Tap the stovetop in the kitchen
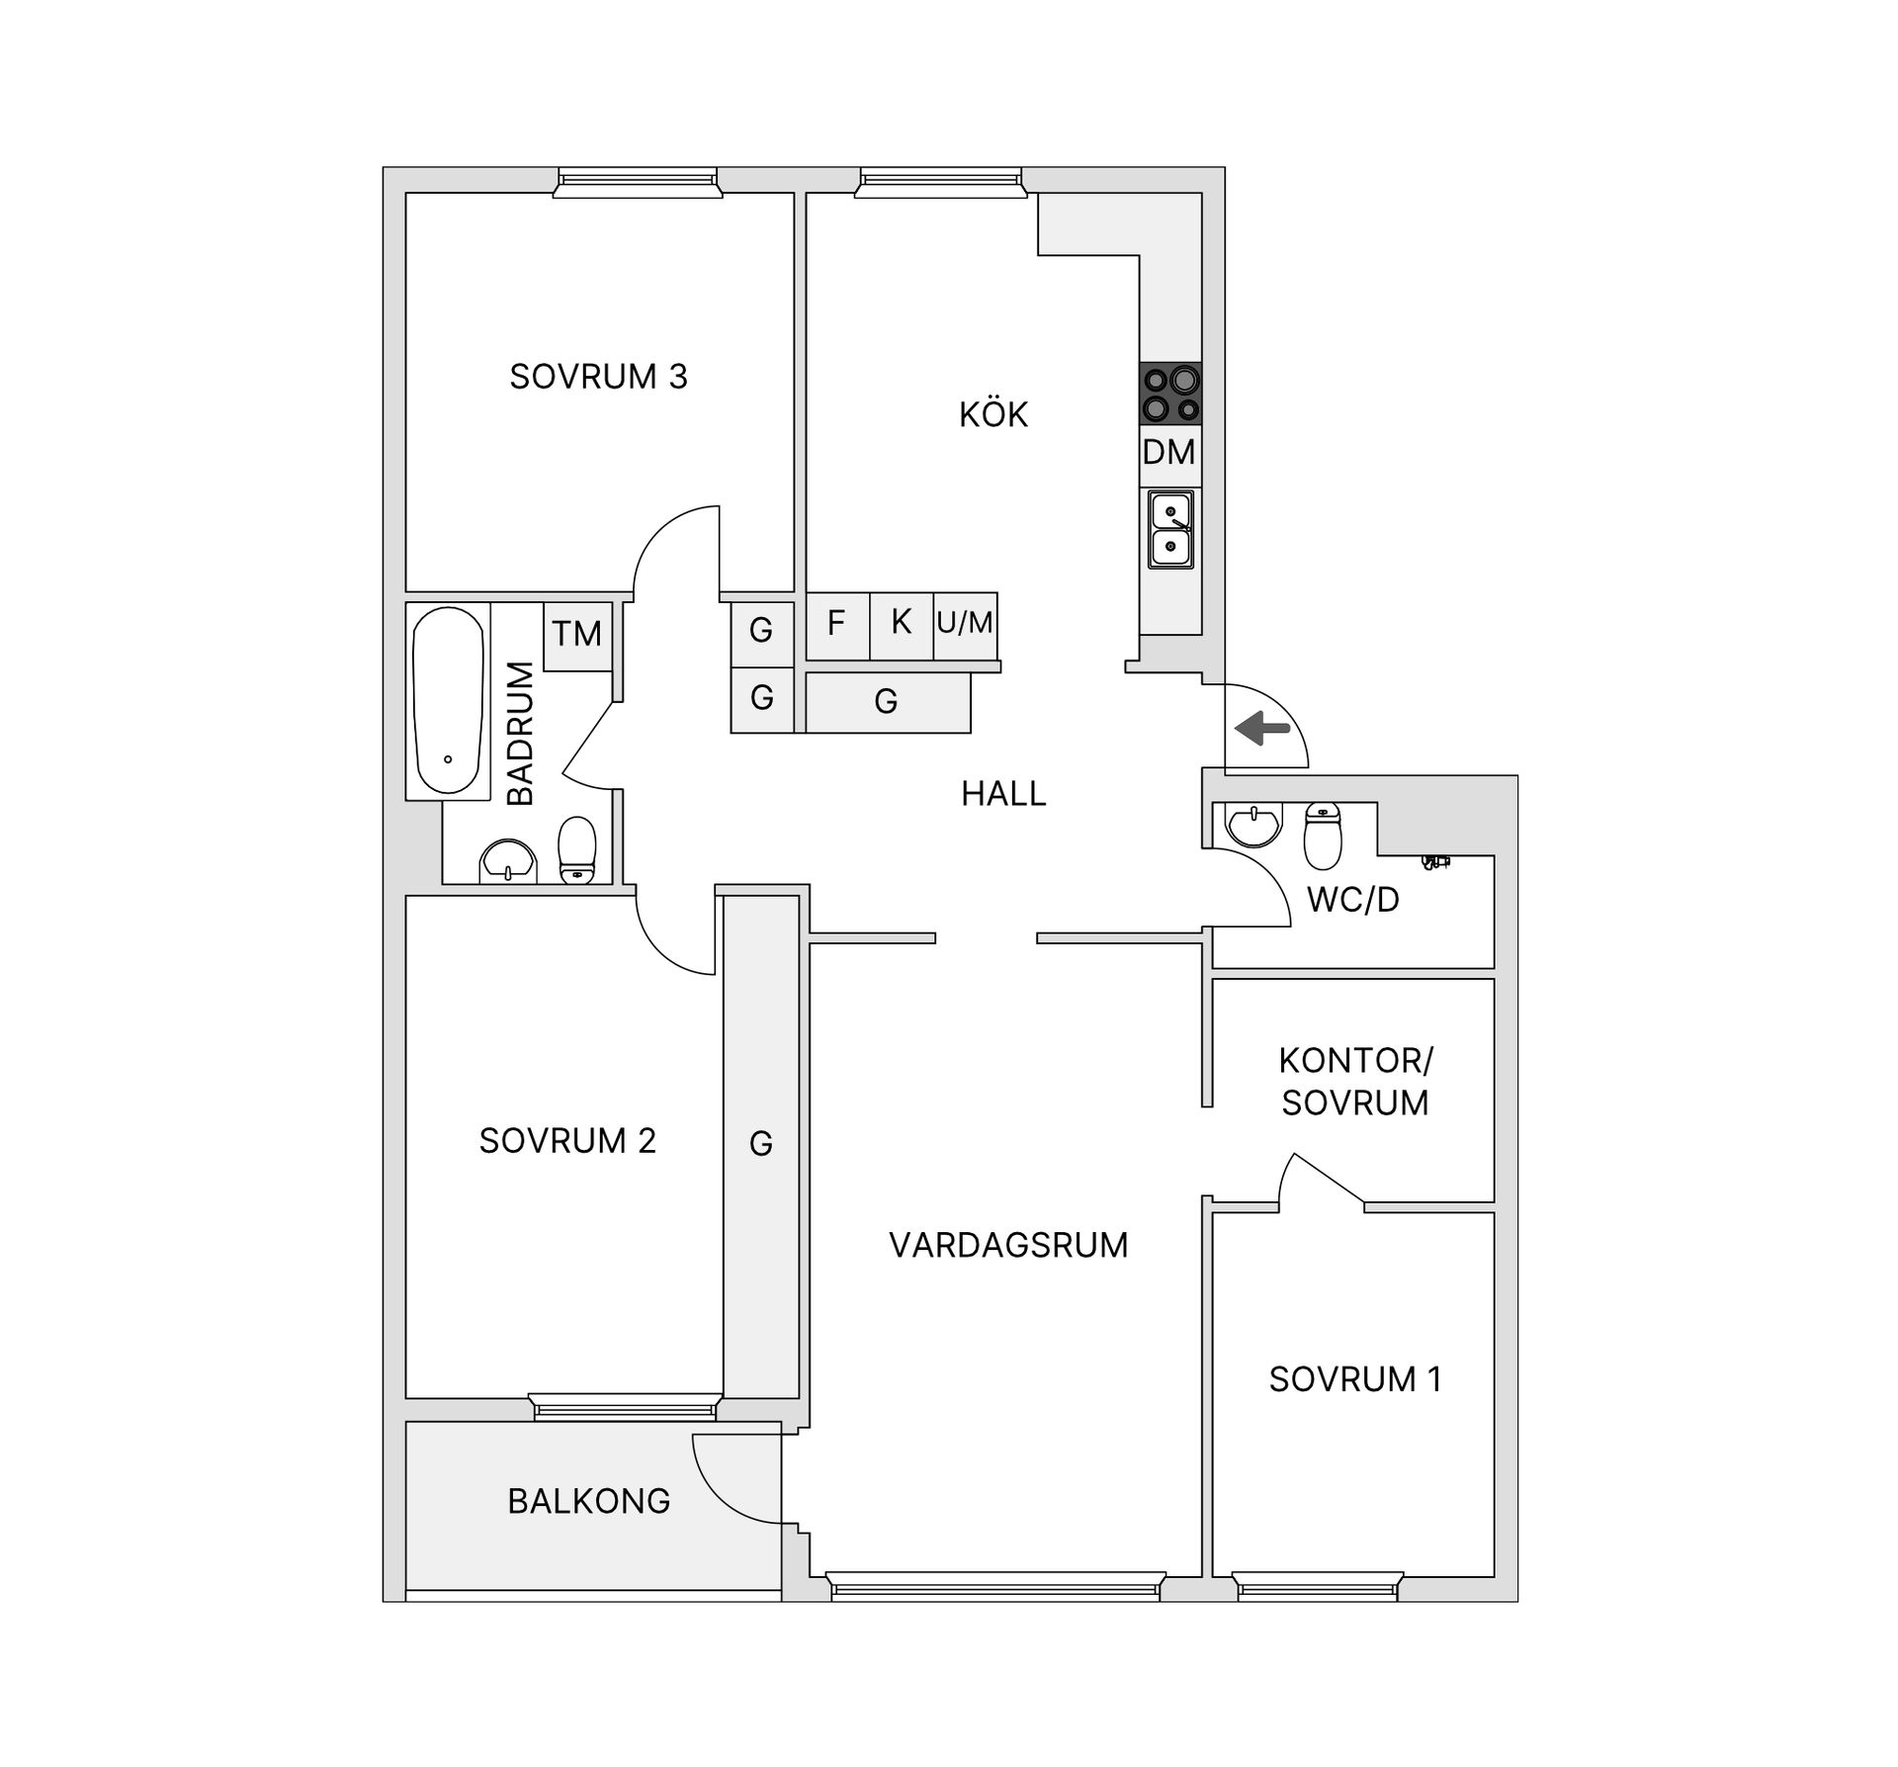pyautogui.click(x=1170, y=394)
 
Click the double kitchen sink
pyautogui.click(x=1170, y=529)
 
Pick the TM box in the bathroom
pyautogui.click(x=577, y=634)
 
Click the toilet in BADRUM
pyautogui.click(x=577, y=849)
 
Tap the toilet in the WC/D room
pyautogui.click(x=1323, y=837)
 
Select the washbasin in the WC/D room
pyautogui.click(x=1253, y=825)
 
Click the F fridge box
pyautogui.click(x=837, y=625)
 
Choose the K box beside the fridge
pyautogui.click(x=902, y=625)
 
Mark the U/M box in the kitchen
pyautogui.click(x=965, y=625)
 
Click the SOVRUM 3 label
pyautogui.click(x=598, y=377)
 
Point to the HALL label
pyautogui.click(x=1003, y=794)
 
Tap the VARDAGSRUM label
pyautogui.click(x=1008, y=1245)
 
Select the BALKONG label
pyautogui.click(x=589, y=1501)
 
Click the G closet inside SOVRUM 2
pyautogui.click(x=761, y=1145)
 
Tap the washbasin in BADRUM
pyautogui.click(x=507, y=861)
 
